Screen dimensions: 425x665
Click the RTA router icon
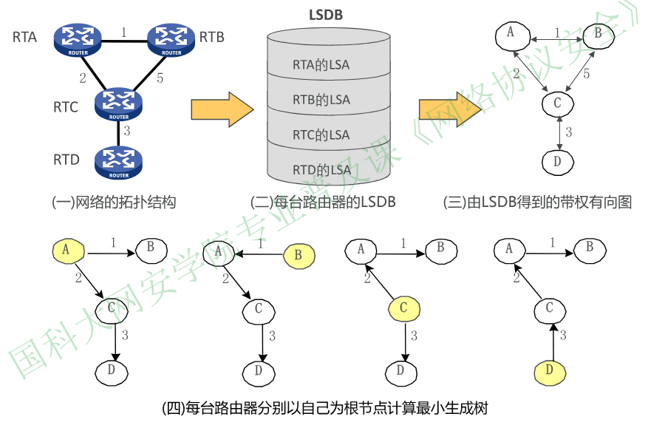pos(77,38)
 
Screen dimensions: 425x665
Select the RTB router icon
pos(171,38)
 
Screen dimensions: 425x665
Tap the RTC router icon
pos(118,104)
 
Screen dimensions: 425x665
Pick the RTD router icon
pos(118,163)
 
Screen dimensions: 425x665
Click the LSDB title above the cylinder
pos(325,15)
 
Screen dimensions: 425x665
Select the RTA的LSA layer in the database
pos(321,65)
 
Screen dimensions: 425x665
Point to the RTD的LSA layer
pos(321,170)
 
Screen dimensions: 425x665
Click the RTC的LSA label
pos(321,135)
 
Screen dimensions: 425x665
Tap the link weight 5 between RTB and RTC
pos(160,76)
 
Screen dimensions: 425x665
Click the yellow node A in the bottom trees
pos(66,251)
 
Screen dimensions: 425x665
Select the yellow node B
pos(299,255)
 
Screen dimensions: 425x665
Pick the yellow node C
pos(403,307)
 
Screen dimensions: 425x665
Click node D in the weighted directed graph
pos(558,160)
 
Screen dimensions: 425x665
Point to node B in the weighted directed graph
pos(597,33)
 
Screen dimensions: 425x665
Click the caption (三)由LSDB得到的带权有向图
pos(537,202)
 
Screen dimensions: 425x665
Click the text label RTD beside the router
pos(66,160)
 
